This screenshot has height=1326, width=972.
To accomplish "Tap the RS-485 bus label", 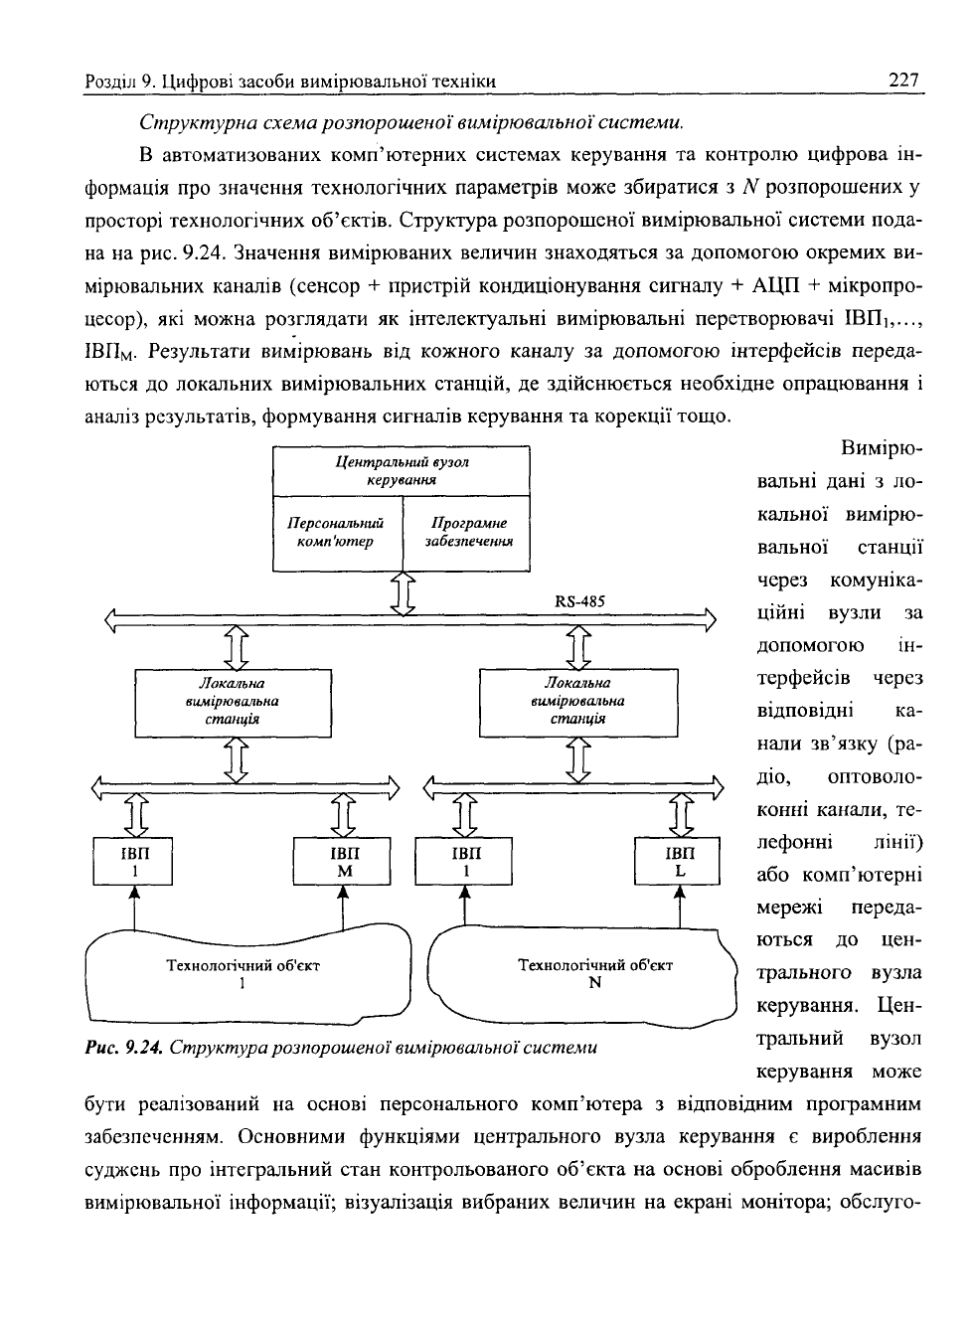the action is (579, 601).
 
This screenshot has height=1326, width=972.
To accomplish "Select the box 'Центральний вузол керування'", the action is (401, 471).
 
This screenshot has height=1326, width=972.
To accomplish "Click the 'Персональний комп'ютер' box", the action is (338, 534).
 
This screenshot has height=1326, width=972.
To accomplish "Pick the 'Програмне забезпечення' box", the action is (466, 534).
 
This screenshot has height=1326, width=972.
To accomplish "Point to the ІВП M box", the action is (342, 862).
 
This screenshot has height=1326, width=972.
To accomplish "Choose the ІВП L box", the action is (677, 862).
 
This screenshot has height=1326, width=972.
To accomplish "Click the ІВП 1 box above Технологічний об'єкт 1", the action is (133, 862).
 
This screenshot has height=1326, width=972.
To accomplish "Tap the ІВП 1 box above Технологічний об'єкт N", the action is (463, 862).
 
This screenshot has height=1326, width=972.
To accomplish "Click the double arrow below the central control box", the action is (403, 593).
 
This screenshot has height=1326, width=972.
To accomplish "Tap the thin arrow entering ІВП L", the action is (680, 907).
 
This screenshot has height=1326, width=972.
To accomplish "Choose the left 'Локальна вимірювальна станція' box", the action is (233, 703).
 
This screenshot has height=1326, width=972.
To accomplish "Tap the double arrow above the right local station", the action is (578, 647).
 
